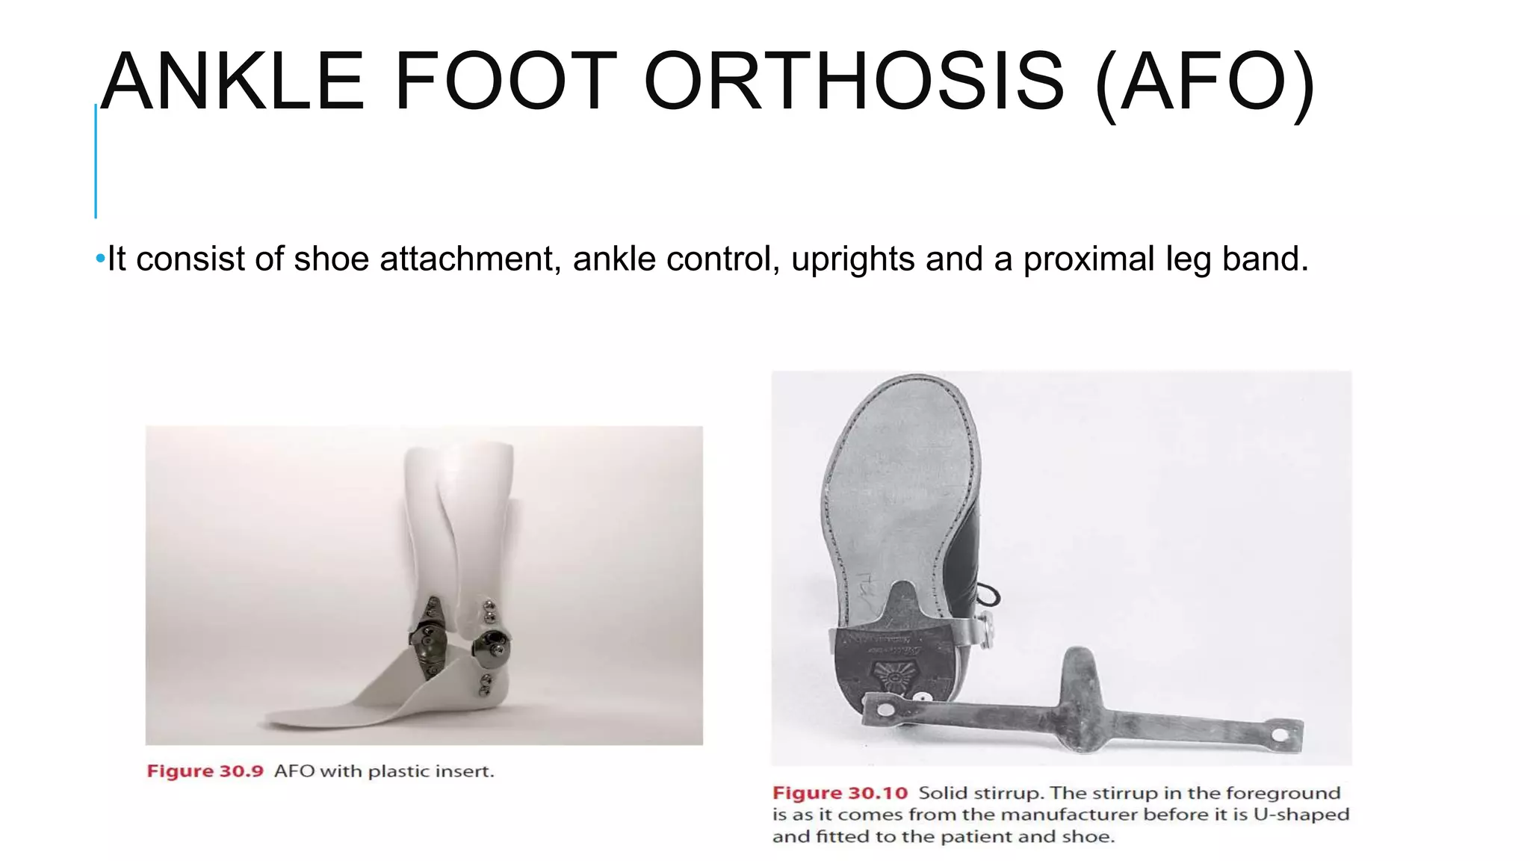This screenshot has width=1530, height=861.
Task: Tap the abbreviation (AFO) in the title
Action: pyautogui.click(x=1204, y=82)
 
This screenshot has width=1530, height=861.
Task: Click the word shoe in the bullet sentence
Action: pyautogui.click(x=331, y=259)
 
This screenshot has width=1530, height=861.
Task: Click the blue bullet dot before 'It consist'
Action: pyautogui.click(x=100, y=259)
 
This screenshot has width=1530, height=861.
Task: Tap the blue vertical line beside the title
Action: pyautogui.click(x=96, y=161)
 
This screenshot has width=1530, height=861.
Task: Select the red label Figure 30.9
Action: pyautogui.click(x=205, y=771)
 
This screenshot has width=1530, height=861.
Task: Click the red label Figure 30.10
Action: pyautogui.click(x=840, y=793)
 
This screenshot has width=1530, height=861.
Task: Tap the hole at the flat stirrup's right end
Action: pyautogui.click(x=1280, y=735)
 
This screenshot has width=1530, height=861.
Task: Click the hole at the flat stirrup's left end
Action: pyautogui.click(x=885, y=708)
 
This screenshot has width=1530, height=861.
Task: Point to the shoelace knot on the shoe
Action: pyautogui.click(x=990, y=596)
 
